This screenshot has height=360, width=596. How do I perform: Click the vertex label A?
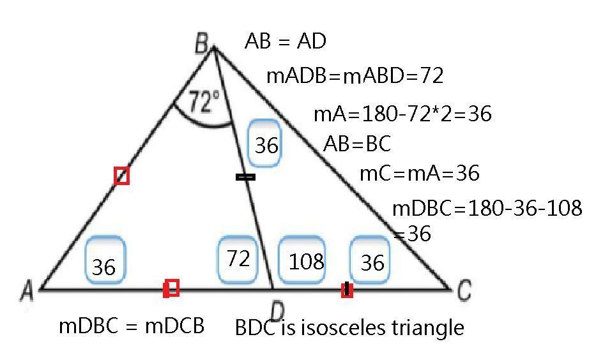(27, 292)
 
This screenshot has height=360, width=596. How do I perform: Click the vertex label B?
(201, 44)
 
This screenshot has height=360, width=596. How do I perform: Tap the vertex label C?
(464, 290)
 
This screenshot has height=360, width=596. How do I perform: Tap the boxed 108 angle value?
(305, 260)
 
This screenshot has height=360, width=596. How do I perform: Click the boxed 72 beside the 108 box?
(238, 259)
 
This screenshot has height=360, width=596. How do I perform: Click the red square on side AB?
(121, 176)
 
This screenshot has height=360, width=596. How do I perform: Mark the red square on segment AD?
(171, 289)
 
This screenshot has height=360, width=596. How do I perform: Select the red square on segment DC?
(347, 290)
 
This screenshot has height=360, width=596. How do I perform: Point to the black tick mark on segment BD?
(245, 177)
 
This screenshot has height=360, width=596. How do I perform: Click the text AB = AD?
(286, 41)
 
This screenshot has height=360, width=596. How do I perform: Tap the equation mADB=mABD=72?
(355, 77)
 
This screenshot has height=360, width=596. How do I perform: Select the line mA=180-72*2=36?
(402, 114)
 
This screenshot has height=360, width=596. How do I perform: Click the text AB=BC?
(357, 144)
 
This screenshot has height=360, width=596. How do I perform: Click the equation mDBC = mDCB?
(132, 326)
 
